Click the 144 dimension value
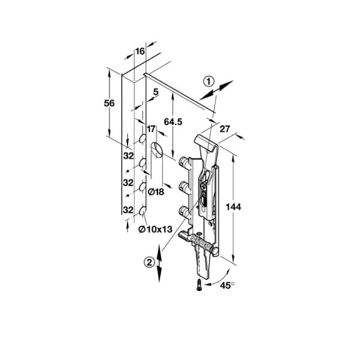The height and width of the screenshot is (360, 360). pos(233,207)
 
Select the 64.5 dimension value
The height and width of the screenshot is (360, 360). pos(173,122)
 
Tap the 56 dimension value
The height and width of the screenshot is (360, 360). pos(109,103)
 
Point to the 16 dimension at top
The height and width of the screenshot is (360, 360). pos(140,51)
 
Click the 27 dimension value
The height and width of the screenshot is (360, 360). pos(224,129)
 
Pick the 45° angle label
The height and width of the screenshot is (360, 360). pos(227,286)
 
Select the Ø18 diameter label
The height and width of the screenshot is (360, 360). pos(156,192)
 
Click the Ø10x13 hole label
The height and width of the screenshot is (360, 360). pos(155,229)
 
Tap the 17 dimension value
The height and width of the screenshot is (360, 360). pos(151,129)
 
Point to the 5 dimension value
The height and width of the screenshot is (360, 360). pos(156,92)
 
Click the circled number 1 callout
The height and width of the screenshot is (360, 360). pos(209,82)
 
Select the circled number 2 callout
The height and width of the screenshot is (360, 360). pos(149,262)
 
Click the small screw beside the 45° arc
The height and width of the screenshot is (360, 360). pos(199,284)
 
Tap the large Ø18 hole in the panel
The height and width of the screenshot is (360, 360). pos(157,149)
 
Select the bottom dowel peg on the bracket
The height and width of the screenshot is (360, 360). pos(184,211)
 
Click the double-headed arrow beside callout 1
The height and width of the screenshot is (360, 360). pos(216,90)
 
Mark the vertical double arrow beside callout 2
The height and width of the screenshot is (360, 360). pos(159,263)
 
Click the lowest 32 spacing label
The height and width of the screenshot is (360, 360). pos(128,210)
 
